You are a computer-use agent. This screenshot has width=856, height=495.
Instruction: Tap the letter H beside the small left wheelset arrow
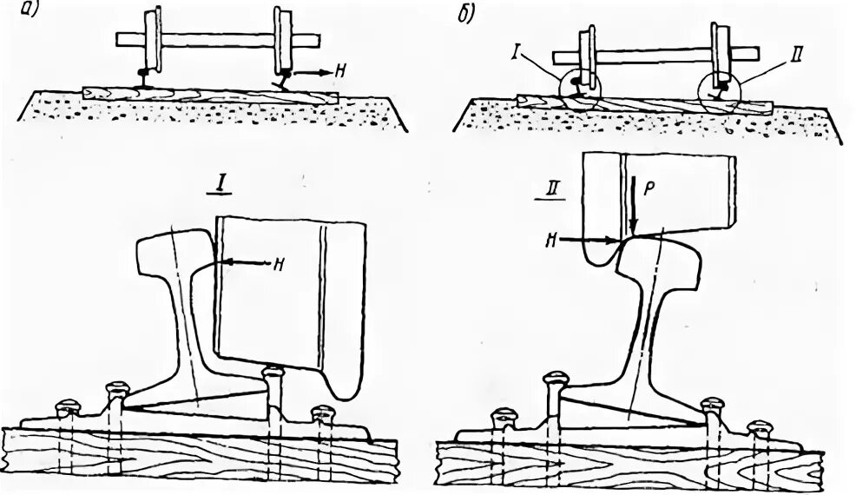pos(345,75)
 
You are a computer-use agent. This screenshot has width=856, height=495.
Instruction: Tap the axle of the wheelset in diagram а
pos(217,40)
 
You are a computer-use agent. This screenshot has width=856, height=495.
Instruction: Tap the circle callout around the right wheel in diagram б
pos(721,89)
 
